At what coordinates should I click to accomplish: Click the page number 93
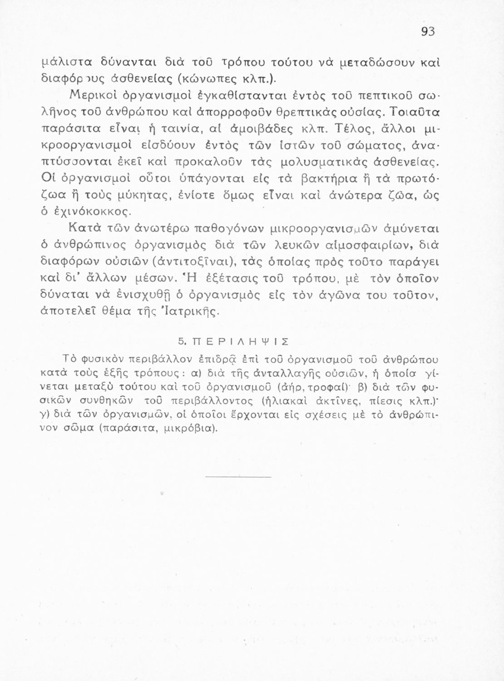pyautogui.click(x=428, y=31)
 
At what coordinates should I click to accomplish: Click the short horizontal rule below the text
pyautogui.click(x=238, y=477)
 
